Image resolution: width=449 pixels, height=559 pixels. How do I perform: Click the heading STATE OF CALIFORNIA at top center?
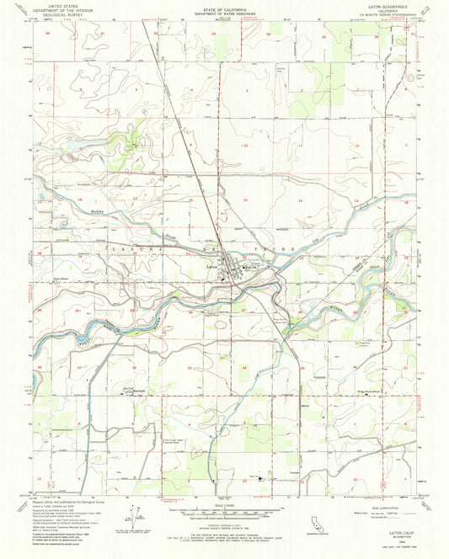coord(223,6)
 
